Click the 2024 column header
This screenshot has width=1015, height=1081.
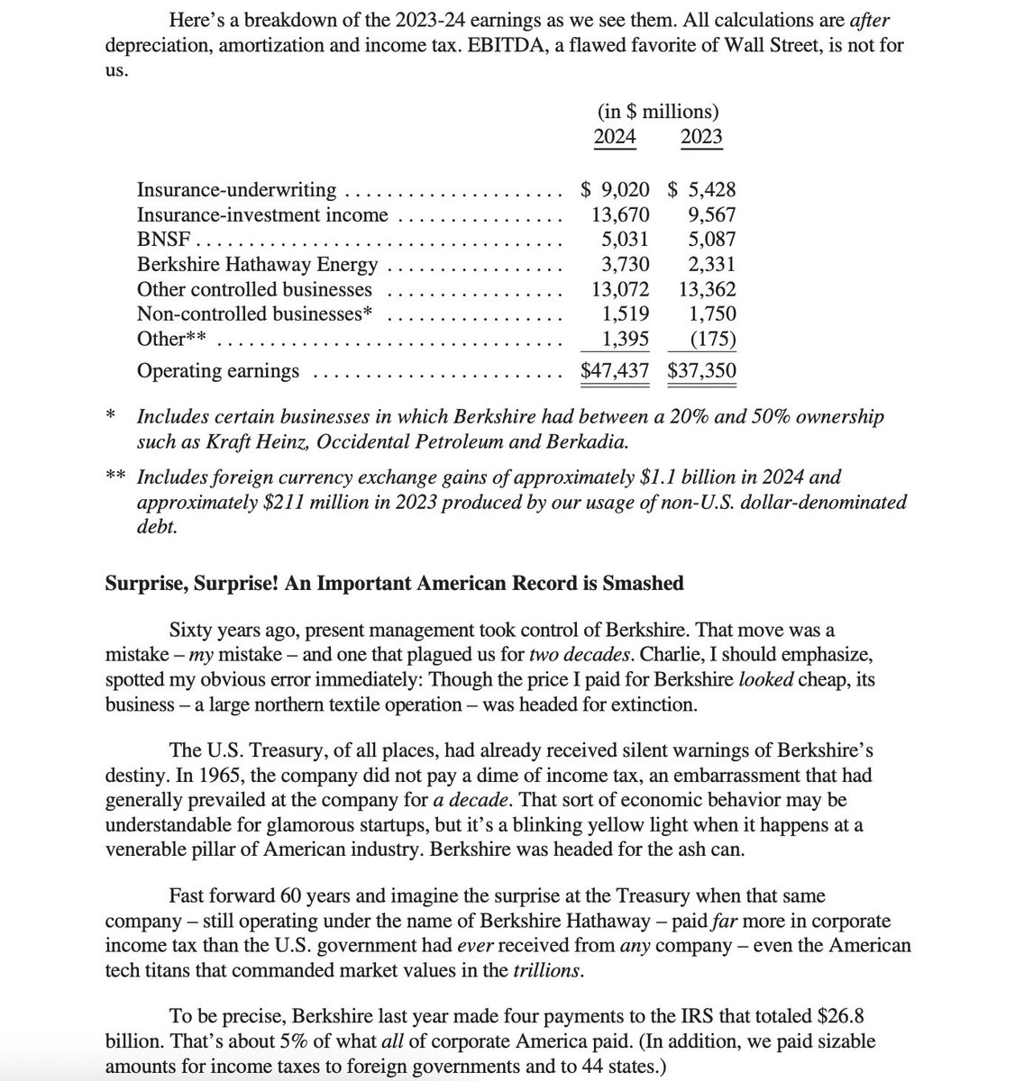click(x=615, y=137)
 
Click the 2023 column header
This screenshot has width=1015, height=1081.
click(x=701, y=137)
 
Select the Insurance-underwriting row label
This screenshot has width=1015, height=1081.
click(x=236, y=190)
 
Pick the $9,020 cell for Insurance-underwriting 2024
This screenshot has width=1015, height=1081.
click(x=615, y=190)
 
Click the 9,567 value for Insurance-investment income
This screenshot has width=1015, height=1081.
click(x=710, y=215)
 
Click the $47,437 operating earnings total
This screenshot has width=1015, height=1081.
click(x=614, y=370)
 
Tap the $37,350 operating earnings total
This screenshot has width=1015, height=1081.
click(x=701, y=370)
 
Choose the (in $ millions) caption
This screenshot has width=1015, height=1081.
click(x=658, y=112)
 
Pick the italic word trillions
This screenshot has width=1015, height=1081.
click(x=547, y=971)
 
